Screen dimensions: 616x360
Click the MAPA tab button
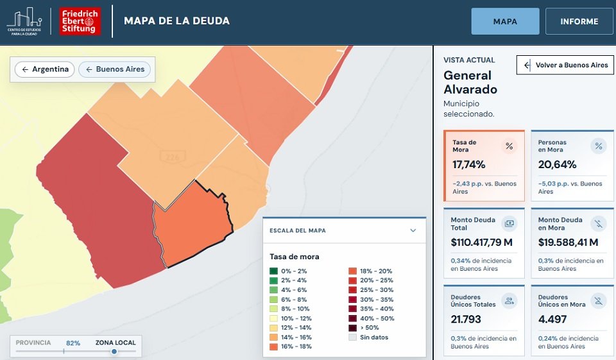[505, 21]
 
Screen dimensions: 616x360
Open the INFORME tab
[579, 21]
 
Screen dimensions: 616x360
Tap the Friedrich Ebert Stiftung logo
[80, 21]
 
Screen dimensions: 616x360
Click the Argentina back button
[45, 69]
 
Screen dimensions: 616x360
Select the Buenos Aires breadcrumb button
[115, 69]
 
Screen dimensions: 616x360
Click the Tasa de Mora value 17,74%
[468, 164]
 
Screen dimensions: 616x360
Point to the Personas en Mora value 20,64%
[557, 164]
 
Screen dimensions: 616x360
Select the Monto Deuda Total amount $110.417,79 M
[482, 242]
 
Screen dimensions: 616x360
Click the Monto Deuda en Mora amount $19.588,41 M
[568, 242]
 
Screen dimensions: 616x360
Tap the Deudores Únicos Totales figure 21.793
[466, 319]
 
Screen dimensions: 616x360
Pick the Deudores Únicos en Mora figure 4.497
[552, 319]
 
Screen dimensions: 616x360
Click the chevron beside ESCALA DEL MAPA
[413, 230]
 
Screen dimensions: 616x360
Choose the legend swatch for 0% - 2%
[273, 271]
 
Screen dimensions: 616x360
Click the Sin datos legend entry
[368, 337]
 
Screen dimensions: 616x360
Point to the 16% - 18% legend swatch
[273, 347]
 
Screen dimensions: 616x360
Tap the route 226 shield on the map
[173, 157]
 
